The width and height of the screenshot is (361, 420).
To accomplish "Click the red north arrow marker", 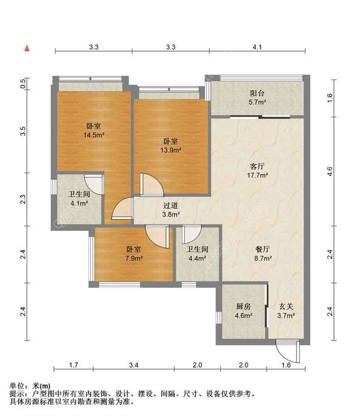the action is [x=27, y=49].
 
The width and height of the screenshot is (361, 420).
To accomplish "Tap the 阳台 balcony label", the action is [x=257, y=93].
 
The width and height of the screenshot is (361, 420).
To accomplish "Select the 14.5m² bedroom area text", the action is [x=94, y=135].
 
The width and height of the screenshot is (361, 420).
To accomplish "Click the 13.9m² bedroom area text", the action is [x=171, y=150].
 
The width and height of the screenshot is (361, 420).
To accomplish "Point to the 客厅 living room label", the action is [x=257, y=166].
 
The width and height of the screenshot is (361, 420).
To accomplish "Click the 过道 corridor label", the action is [x=171, y=206].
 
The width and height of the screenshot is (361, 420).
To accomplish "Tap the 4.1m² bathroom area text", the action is [x=79, y=203].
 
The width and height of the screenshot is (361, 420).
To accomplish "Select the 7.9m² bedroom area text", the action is [x=134, y=259].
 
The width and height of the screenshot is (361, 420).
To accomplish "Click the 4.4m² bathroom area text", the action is [x=197, y=259].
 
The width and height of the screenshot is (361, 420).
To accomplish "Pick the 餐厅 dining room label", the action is [x=262, y=249].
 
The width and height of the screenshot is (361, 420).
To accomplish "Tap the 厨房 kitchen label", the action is [x=244, y=306].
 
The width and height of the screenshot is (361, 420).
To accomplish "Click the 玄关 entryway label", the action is [x=286, y=306].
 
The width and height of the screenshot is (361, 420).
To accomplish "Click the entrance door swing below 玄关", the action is [x=288, y=351].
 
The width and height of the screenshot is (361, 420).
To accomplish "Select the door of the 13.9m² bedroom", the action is [x=152, y=185].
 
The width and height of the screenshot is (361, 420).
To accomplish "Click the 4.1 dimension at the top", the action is [x=257, y=47].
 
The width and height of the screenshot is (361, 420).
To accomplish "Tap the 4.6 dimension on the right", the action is [x=330, y=171].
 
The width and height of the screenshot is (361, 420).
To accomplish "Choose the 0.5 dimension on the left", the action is [x=23, y=83].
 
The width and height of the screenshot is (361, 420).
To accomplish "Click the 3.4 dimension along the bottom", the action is [x=134, y=365].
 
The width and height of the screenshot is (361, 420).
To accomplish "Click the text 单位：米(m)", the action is [x=30, y=386].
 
